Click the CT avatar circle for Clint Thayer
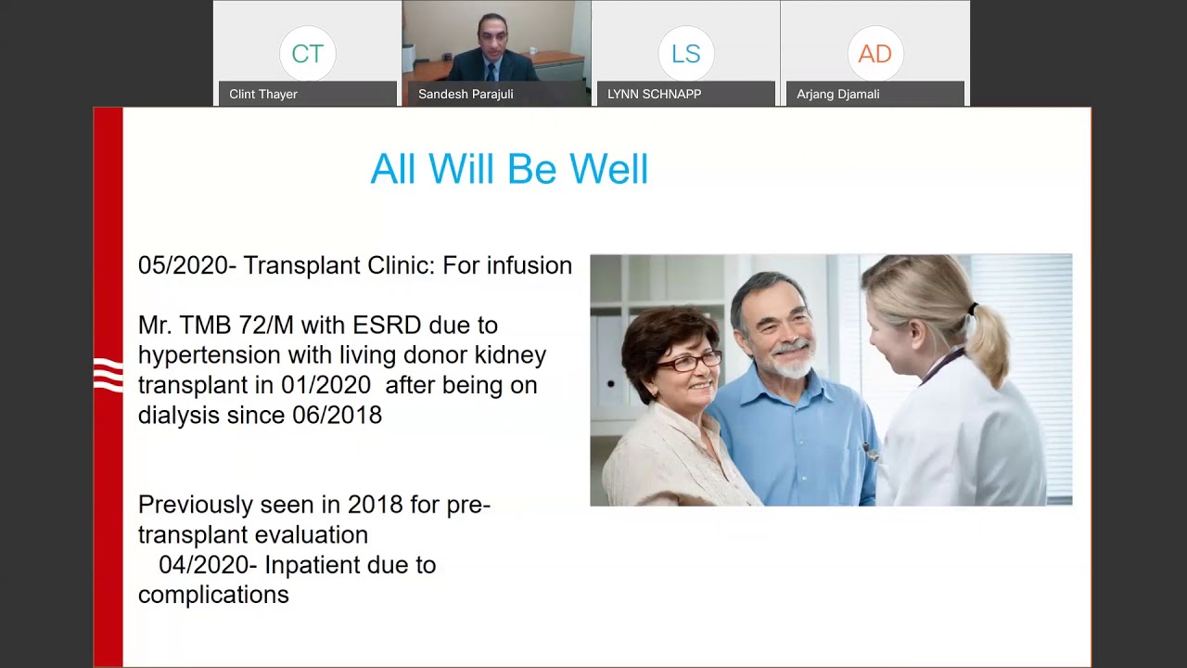click(307, 54)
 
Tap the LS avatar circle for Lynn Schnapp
click(685, 54)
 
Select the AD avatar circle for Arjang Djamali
click(874, 54)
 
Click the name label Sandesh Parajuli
click(466, 94)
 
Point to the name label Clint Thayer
click(263, 94)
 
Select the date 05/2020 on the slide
click(183, 265)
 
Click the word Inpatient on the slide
click(312, 565)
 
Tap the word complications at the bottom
click(213, 595)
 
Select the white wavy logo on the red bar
click(108, 376)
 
